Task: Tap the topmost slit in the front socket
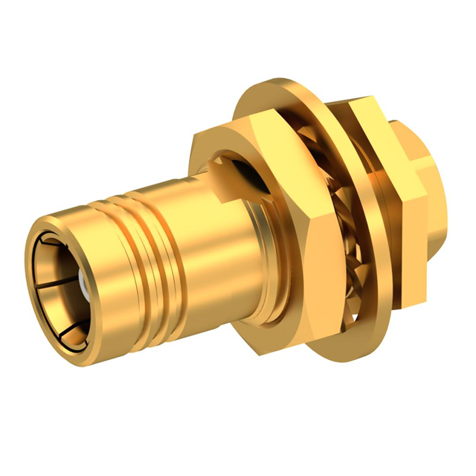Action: pyautogui.click(x=46, y=239)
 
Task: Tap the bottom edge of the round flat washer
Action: pyautogui.click(x=350, y=338)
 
